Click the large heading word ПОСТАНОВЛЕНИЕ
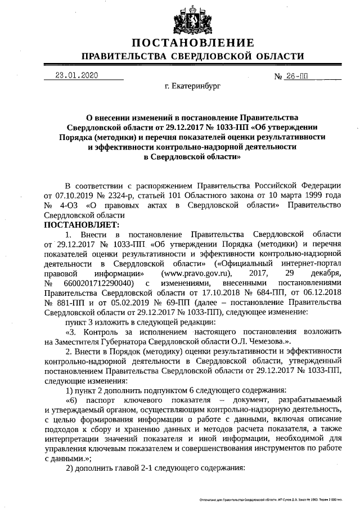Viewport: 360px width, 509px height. click(x=193, y=43)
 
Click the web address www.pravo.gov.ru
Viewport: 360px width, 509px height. click(x=189, y=273)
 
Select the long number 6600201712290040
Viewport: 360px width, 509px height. click(x=99, y=283)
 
